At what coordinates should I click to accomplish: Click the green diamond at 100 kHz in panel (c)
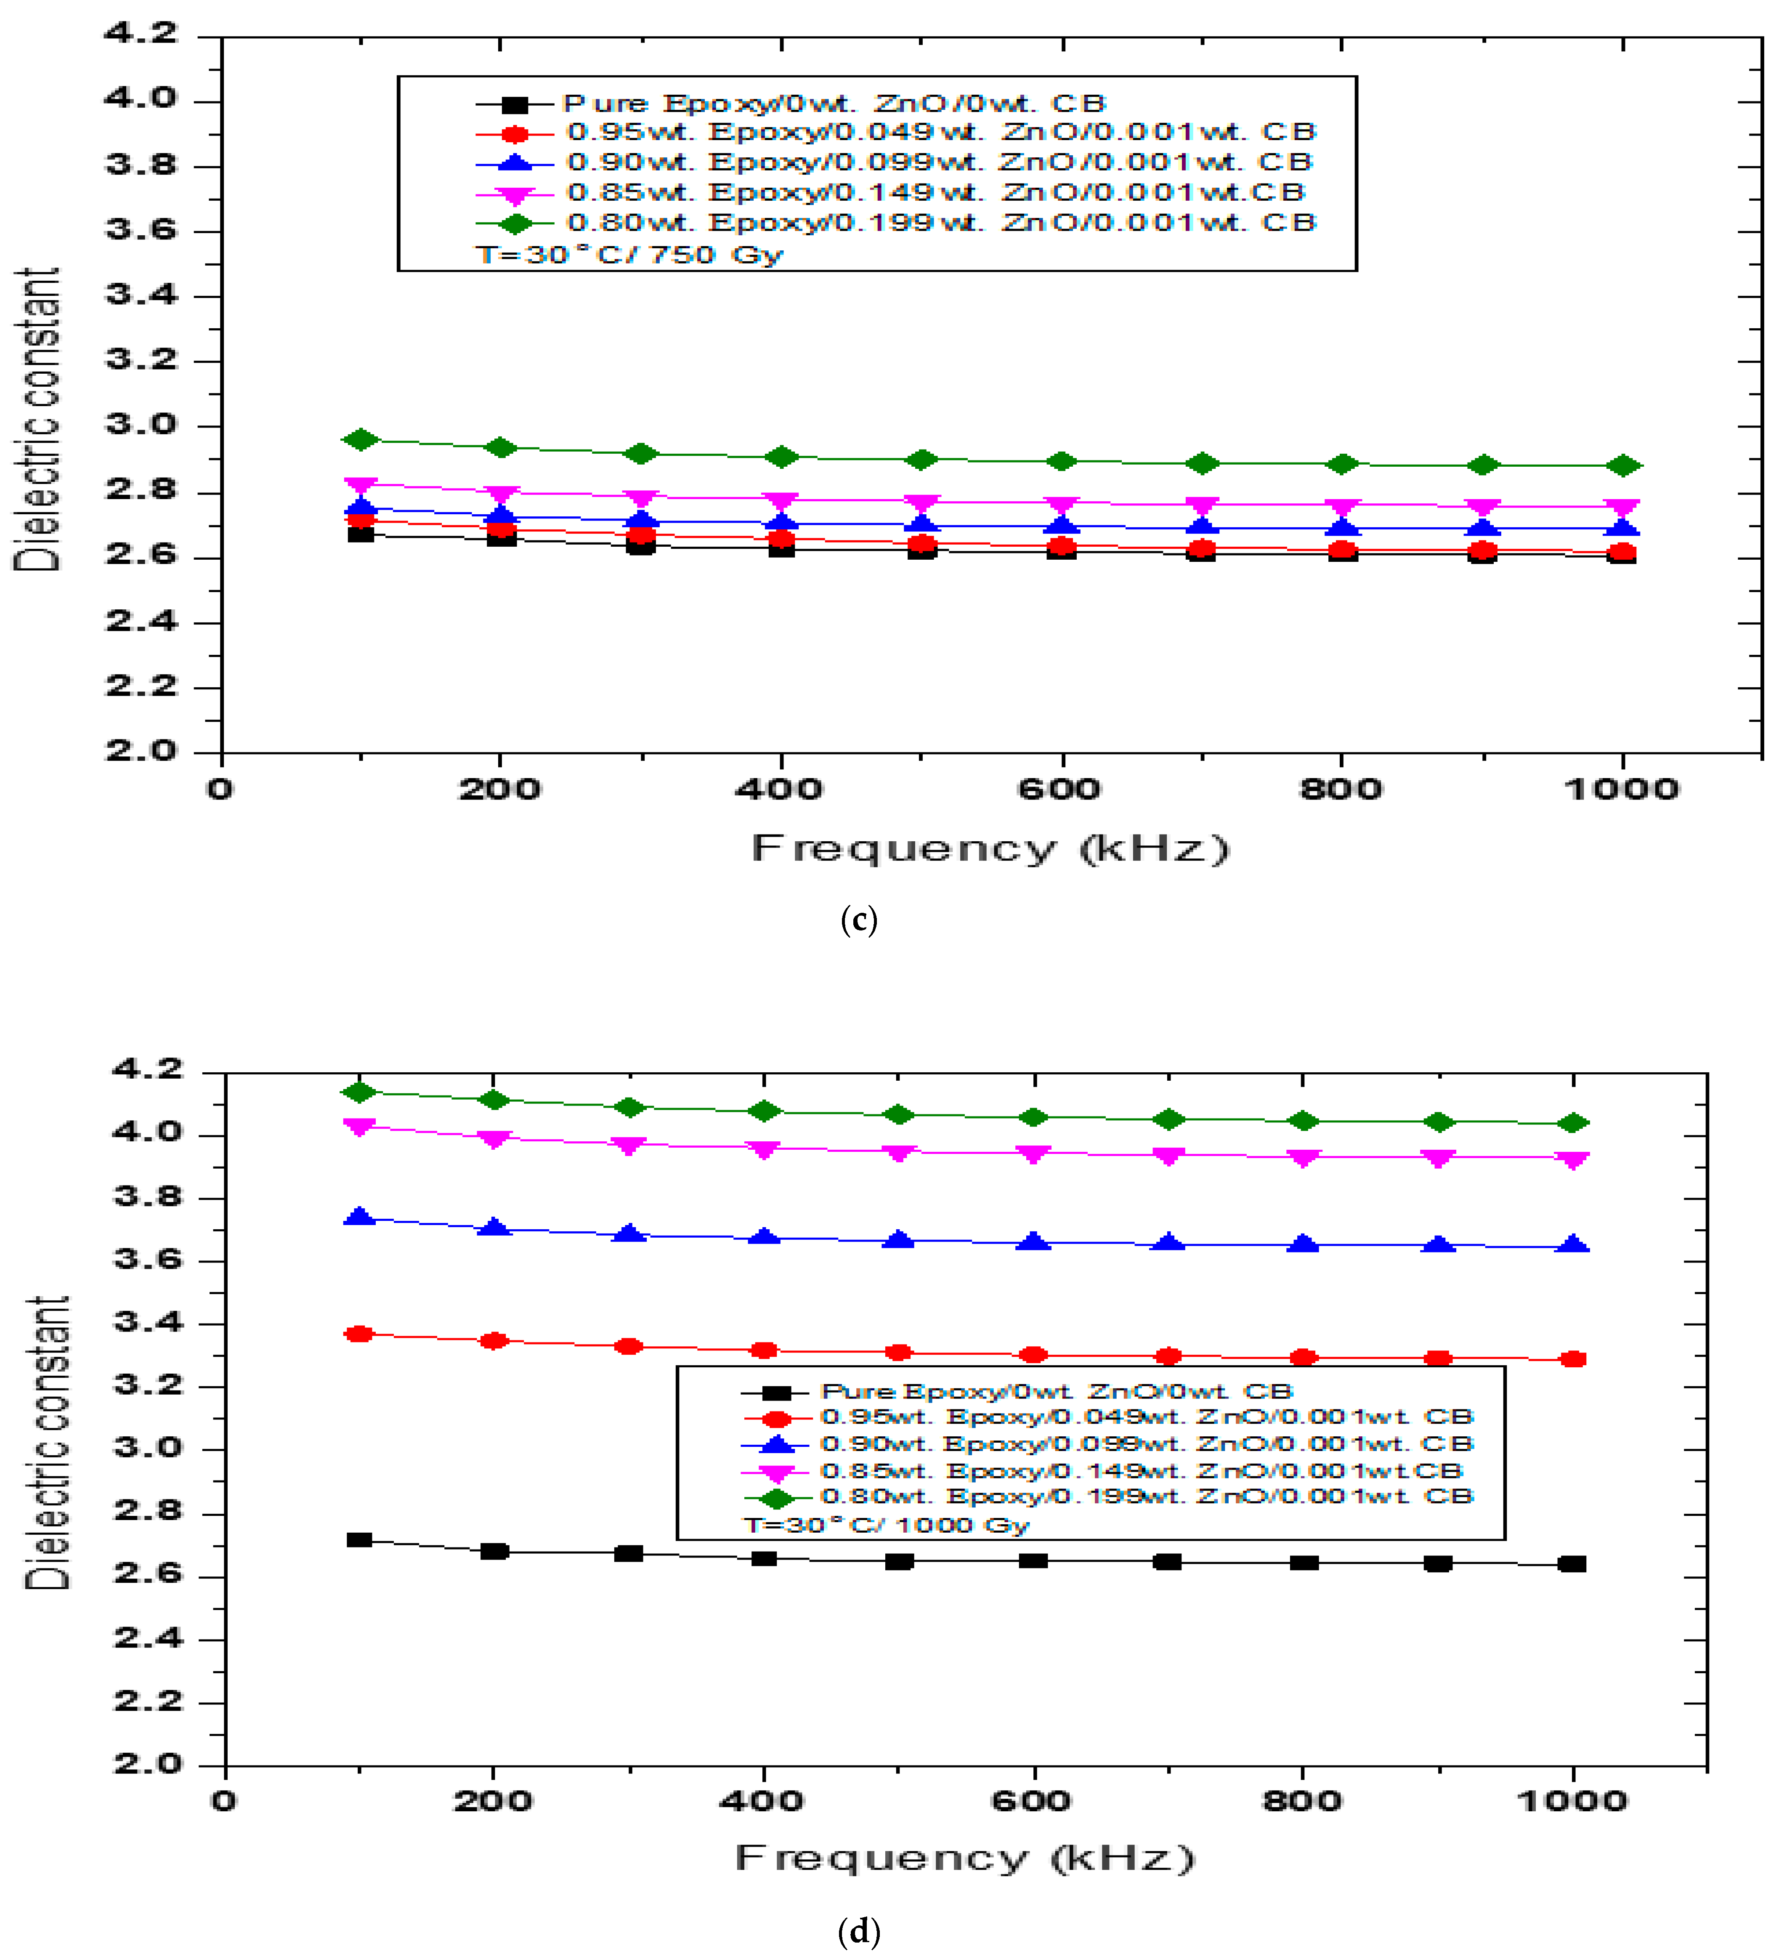coord(361,440)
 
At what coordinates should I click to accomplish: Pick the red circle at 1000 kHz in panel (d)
coord(1573,1359)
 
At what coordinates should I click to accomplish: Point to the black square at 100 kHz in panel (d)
coord(359,1540)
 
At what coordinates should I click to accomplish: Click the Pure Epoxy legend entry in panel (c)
coord(834,103)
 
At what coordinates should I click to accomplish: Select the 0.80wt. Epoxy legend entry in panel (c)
coord(940,223)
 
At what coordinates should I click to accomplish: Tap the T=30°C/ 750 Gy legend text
coord(629,255)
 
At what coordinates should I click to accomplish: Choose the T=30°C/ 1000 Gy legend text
coord(886,1525)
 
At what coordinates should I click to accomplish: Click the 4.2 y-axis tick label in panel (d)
coord(148,1070)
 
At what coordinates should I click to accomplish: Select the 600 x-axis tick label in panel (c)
coord(1060,789)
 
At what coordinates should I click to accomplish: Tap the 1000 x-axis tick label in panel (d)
coord(1571,1801)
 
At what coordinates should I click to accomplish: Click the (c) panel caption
coord(858,919)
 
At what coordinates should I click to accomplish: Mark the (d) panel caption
coord(858,1932)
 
